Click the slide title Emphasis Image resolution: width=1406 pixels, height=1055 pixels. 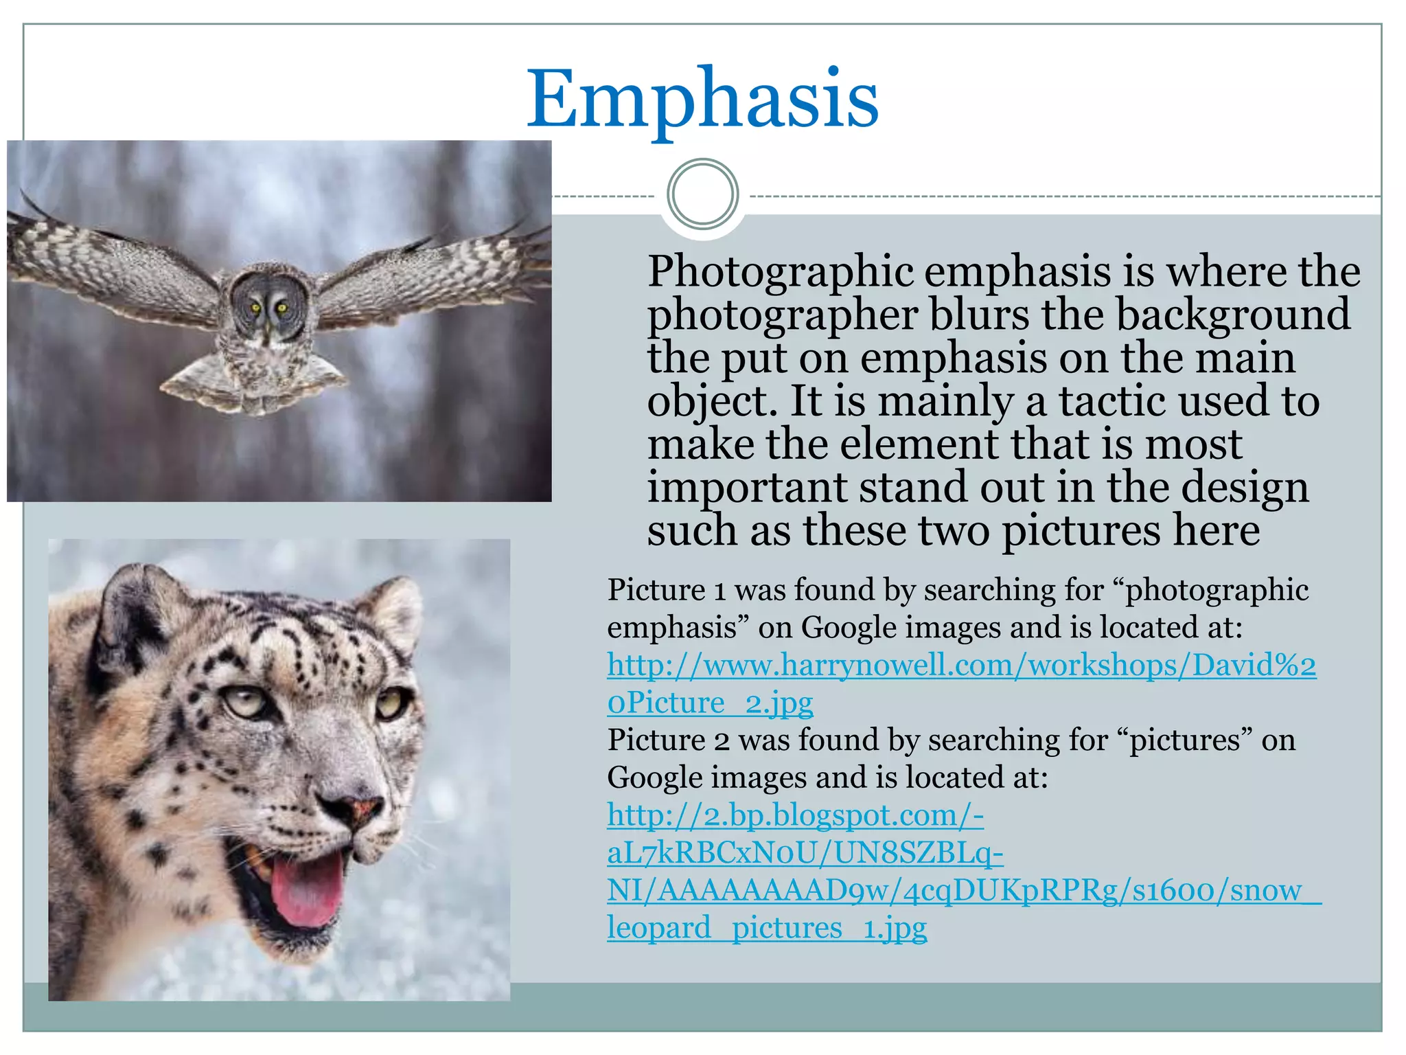(702, 100)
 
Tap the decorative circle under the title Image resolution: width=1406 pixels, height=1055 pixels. (702, 194)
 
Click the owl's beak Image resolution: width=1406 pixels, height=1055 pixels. (267, 328)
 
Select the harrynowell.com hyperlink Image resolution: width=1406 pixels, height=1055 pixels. (961, 665)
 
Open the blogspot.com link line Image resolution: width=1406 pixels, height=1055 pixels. (795, 815)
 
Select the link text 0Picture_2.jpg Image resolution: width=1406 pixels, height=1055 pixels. (710, 703)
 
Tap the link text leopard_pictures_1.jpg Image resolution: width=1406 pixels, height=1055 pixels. (766, 928)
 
